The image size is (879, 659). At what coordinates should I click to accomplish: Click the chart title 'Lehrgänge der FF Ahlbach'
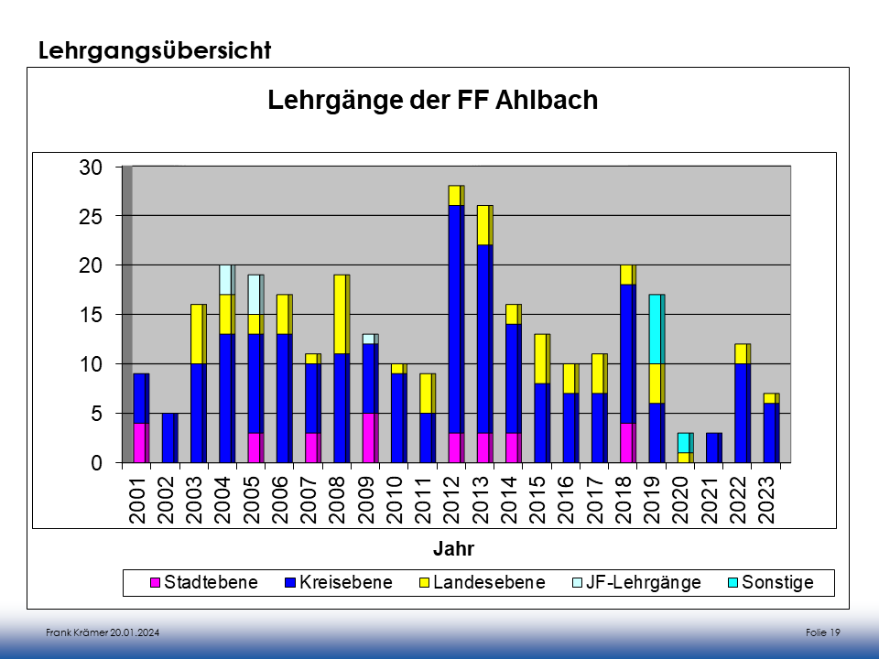tap(432, 100)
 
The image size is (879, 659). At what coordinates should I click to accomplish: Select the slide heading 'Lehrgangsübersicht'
tap(155, 50)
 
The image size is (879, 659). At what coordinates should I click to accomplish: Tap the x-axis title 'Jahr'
tap(453, 549)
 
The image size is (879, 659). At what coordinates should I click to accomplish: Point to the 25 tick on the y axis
tap(90, 216)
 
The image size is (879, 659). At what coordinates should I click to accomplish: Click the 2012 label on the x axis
tap(455, 500)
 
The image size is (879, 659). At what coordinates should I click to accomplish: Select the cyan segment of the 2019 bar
tap(656, 329)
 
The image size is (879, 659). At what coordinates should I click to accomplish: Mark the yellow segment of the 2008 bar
tap(340, 314)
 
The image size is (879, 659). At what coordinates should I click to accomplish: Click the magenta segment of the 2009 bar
tap(368, 438)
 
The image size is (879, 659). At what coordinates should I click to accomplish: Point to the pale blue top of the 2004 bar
tap(225, 279)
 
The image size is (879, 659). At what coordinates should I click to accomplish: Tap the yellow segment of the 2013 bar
tap(483, 225)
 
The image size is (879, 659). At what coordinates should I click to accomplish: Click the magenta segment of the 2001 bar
tap(139, 443)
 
